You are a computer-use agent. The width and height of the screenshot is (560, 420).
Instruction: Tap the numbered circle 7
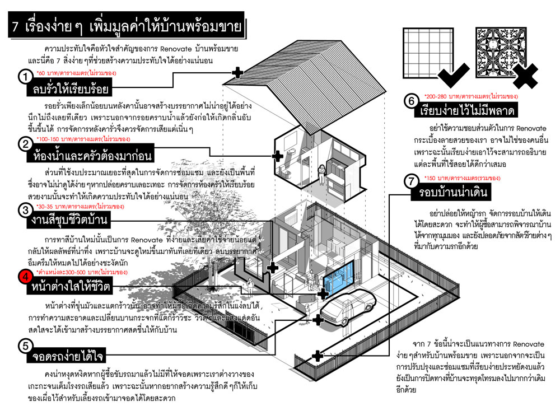point(412,183)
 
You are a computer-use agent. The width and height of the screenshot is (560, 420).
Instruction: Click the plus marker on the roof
point(237,72)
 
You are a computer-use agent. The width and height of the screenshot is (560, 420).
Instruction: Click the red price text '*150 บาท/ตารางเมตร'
point(461,178)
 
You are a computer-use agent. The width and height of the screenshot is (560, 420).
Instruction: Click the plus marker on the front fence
point(317,355)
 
